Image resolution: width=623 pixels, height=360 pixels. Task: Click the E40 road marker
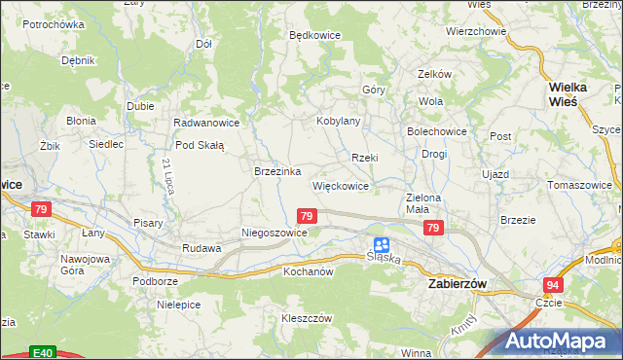(41, 352)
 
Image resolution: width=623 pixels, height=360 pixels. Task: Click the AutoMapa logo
(562, 341)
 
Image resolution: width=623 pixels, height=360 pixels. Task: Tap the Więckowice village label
(340, 185)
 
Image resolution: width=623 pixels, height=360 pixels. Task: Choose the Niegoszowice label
(275, 234)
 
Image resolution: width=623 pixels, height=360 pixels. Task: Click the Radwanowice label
(205, 123)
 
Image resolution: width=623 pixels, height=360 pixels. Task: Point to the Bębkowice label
(314, 34)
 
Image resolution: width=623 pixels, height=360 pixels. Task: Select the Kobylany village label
(339, 121)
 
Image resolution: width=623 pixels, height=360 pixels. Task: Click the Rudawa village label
(202, 248)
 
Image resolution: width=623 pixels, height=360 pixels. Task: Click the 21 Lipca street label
(168, 175)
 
